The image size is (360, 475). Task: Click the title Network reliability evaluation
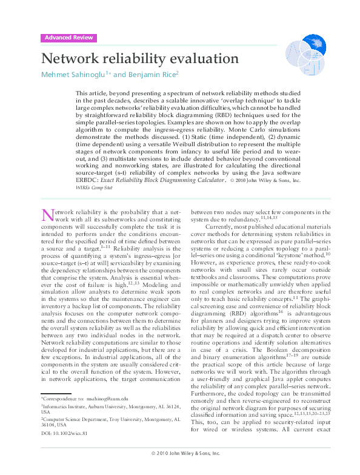139,59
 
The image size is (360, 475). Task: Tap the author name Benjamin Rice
152,75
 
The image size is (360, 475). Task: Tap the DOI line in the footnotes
64,433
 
